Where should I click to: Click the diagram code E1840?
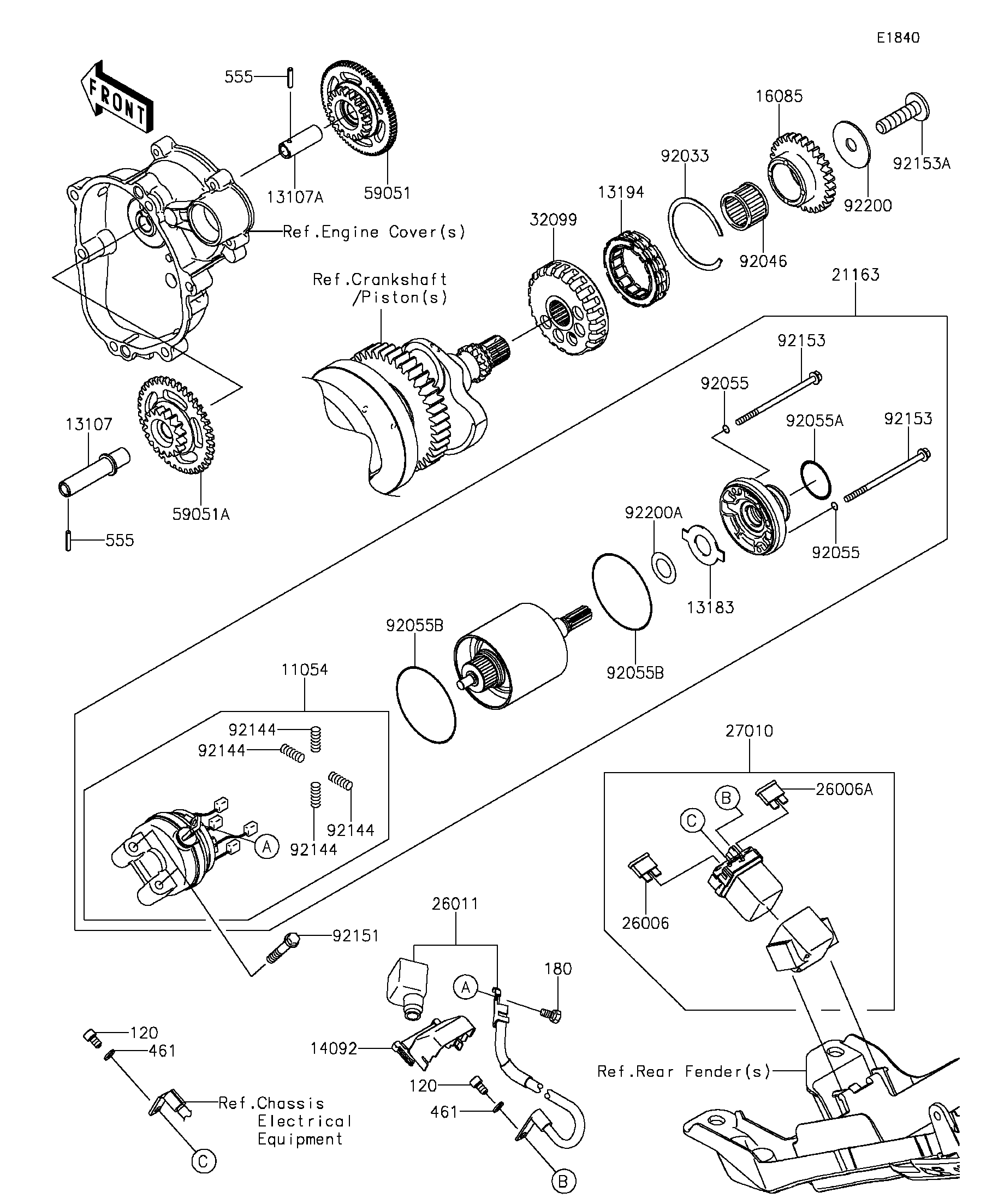(x=898, y=38)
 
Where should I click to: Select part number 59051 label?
(x=388, y=193)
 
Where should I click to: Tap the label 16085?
(x=779, y=96)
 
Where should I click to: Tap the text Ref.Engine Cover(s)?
(x=374, y=232)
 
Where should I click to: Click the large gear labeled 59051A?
(x=175, y=424)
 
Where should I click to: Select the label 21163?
(x=856, y=275)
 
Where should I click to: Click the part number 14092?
(x=334, y=1048)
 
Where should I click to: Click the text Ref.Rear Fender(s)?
(x=684, y=1071)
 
